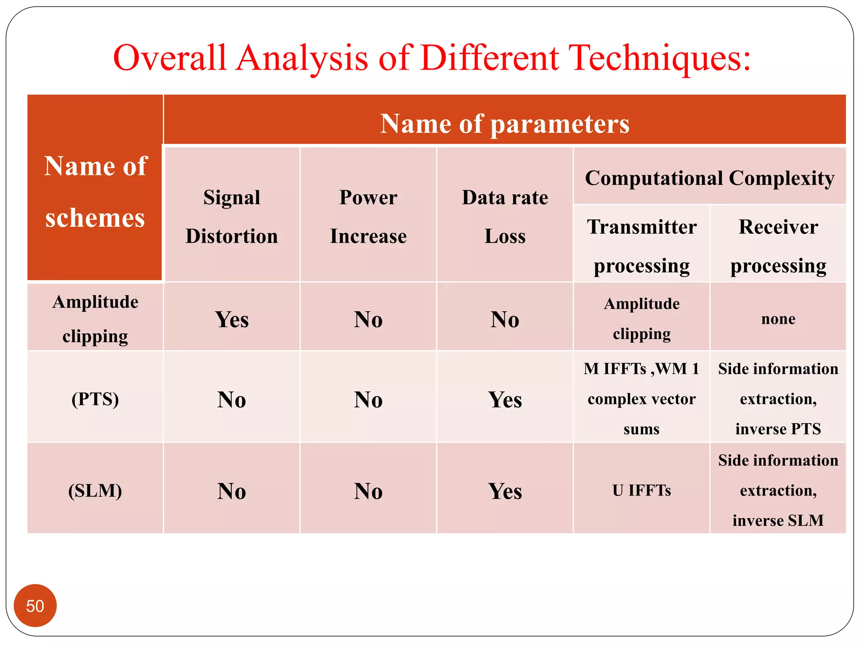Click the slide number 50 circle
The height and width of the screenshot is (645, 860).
point(35,606)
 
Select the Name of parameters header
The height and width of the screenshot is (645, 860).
point(504,123)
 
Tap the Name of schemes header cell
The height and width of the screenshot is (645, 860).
point(95,191)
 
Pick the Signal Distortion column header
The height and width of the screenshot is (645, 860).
point(232,216)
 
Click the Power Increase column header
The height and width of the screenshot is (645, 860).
point(368,216)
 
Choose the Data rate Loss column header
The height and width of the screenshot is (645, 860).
point(505,216)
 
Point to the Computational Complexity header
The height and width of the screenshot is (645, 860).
point(709,178)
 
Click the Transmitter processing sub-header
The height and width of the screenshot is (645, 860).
point(642,246)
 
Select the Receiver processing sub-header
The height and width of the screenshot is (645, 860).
point(778,246)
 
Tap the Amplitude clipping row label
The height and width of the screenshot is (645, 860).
point(95,319)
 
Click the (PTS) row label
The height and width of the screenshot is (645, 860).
point(95,399)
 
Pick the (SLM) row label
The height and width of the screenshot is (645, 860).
point(95,490)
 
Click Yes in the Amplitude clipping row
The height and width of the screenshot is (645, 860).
point(232,319)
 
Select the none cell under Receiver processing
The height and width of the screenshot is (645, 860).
point(778,319)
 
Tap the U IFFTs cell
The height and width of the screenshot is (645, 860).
point(642,490)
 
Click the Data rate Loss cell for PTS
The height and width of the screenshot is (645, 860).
point(505,399)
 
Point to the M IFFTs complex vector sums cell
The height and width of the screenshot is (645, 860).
point(642,399)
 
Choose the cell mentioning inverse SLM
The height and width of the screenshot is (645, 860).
point(778,490)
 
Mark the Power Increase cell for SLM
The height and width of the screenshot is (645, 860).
point(368,490)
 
